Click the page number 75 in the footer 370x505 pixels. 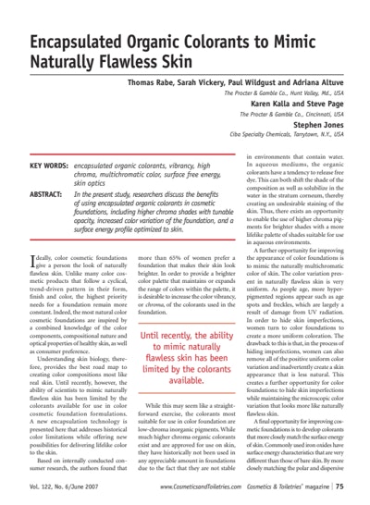pos(341,486)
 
